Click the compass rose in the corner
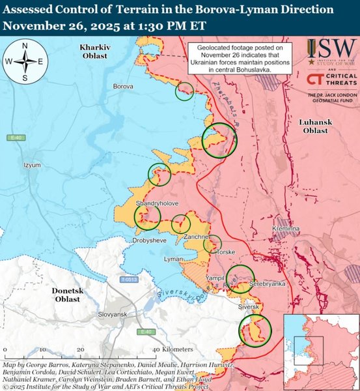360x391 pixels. (24, 61)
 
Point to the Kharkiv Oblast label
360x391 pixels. (96, 53)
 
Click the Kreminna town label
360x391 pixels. (286, 230)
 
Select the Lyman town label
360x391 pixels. (173, 259)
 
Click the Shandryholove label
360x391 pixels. (157, 204)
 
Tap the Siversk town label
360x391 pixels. (249, 306)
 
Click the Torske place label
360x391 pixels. (225, 252)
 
